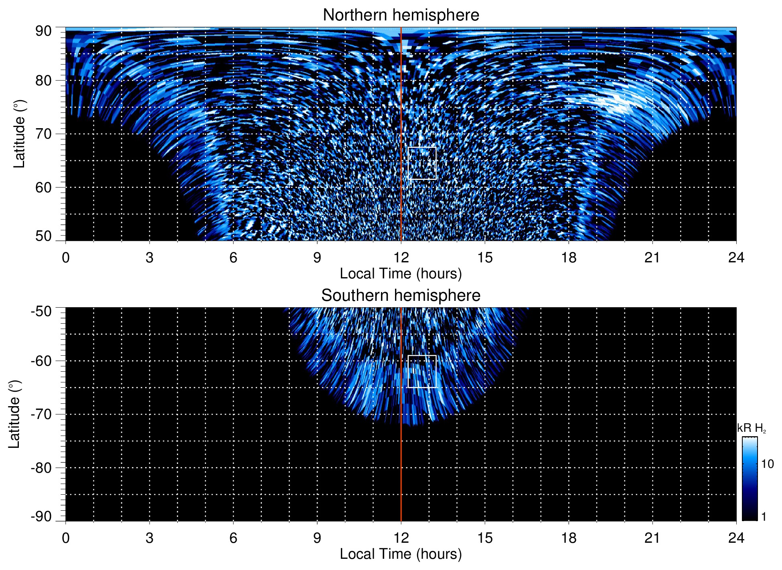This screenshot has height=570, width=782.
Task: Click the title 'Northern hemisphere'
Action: (401, 15)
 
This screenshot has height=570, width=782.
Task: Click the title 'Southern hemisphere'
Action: (401, 296)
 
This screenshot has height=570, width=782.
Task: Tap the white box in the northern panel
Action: (422, 163)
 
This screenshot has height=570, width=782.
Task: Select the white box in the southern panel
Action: (422, 371)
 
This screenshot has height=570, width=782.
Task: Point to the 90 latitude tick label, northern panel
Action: (43, 31)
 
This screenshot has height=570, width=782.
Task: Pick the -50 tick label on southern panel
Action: (41, 311)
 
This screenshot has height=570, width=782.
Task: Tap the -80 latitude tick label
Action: (41, 468)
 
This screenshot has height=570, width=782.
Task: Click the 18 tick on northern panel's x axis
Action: (569, 258)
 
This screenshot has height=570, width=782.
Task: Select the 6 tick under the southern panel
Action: (233, 538)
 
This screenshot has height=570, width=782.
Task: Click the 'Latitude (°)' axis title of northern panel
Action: (19, 134)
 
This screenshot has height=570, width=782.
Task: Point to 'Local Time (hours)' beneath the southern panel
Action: (401, 554)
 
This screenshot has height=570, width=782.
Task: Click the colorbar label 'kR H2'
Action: (751, 428)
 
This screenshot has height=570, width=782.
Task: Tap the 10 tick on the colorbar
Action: (767, 464)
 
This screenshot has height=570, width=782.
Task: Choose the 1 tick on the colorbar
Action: (764, 517)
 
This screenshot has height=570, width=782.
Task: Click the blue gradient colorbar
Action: (750, 479)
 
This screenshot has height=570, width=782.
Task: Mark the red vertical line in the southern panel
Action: (401, 461)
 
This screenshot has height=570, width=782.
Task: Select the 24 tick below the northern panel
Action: (736, 258)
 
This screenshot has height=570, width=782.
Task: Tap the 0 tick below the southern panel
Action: (66, 538)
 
